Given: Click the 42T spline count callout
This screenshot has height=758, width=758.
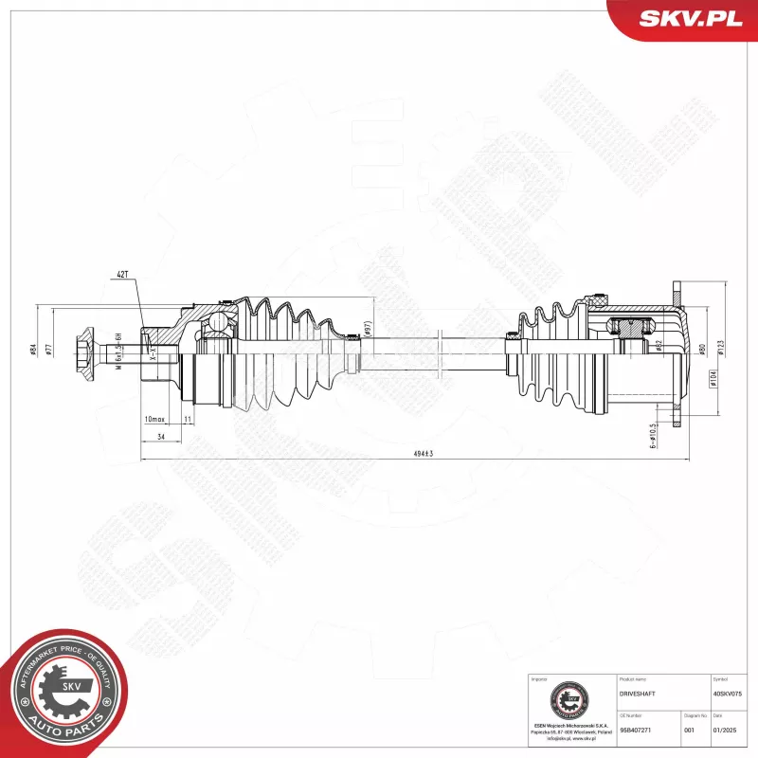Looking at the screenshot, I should (121, 274).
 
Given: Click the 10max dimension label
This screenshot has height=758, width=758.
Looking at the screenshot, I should (154, 419).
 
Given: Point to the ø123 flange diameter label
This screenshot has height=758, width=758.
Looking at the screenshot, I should (721, 348).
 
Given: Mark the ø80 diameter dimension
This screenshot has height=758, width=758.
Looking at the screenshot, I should (702, 349).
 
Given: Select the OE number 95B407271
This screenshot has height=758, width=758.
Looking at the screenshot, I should (635, 731).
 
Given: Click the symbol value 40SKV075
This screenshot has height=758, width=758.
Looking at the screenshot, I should (728, 694).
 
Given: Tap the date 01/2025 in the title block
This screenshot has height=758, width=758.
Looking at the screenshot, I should (724, 731).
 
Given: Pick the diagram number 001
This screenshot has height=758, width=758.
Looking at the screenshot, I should (688, 731).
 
